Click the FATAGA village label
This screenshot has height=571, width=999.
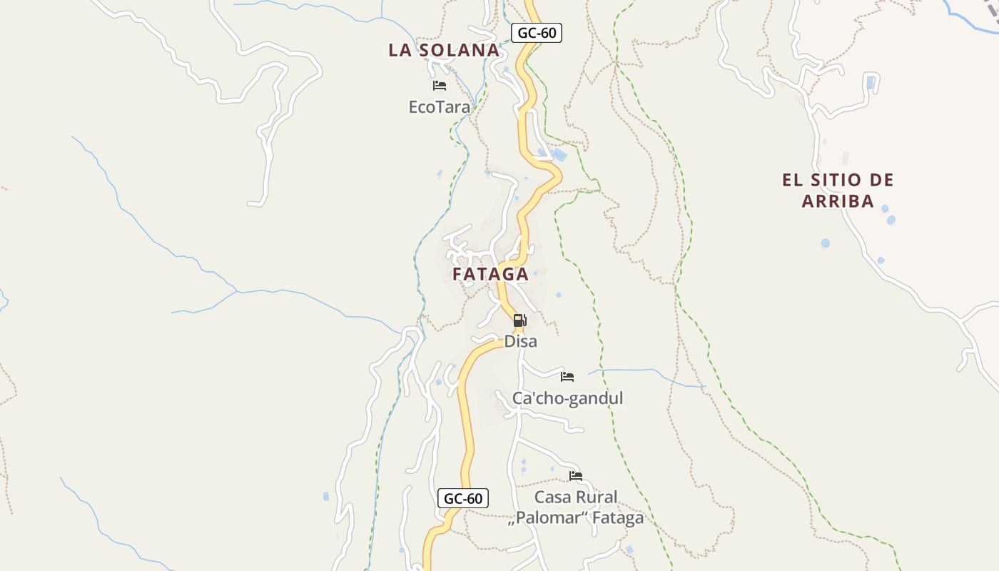click(490, 274)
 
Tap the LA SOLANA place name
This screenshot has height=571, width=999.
click(444, 50)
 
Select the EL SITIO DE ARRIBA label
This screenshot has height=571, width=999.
click(838, 190)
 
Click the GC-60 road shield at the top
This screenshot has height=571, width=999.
click(537, 32)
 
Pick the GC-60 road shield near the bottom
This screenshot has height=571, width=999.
click(463, 498)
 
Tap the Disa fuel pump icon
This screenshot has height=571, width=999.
click(519, 320)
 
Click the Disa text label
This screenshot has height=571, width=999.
click(520, 341)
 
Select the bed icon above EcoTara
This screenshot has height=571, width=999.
click(440, 86)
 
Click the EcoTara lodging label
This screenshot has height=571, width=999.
click(439, 107)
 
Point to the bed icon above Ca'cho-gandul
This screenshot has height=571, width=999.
click(567, 376)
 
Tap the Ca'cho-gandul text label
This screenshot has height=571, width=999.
click(567, 398)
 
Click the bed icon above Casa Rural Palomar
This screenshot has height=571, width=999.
click(576, 475)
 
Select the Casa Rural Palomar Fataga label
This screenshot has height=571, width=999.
click(576, 507)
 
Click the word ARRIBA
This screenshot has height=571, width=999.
click(838, 201)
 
